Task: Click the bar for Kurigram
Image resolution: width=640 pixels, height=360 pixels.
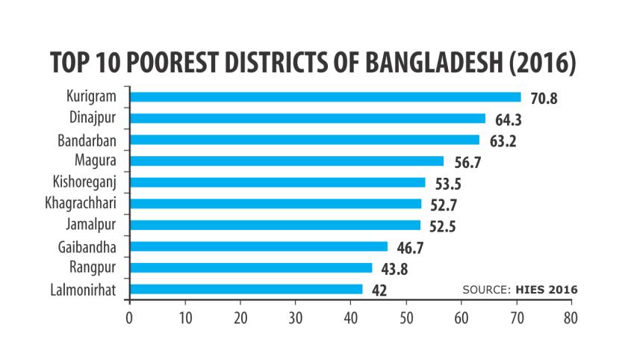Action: (x=325, y=97)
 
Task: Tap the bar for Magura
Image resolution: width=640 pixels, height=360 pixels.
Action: (x=286, y=161)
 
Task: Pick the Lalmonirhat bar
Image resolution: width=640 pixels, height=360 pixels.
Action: (x=246, y=289)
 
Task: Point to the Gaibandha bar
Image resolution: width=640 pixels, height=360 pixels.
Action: (x=258, y=246)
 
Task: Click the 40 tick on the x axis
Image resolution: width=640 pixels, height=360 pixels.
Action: (x=350, y=317)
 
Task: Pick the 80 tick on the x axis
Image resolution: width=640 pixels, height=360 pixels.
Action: (x=571, y=317)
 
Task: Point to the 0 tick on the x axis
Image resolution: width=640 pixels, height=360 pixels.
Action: (x=129, y=317)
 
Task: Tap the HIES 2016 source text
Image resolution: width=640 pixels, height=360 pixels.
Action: (x=546, y=289)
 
